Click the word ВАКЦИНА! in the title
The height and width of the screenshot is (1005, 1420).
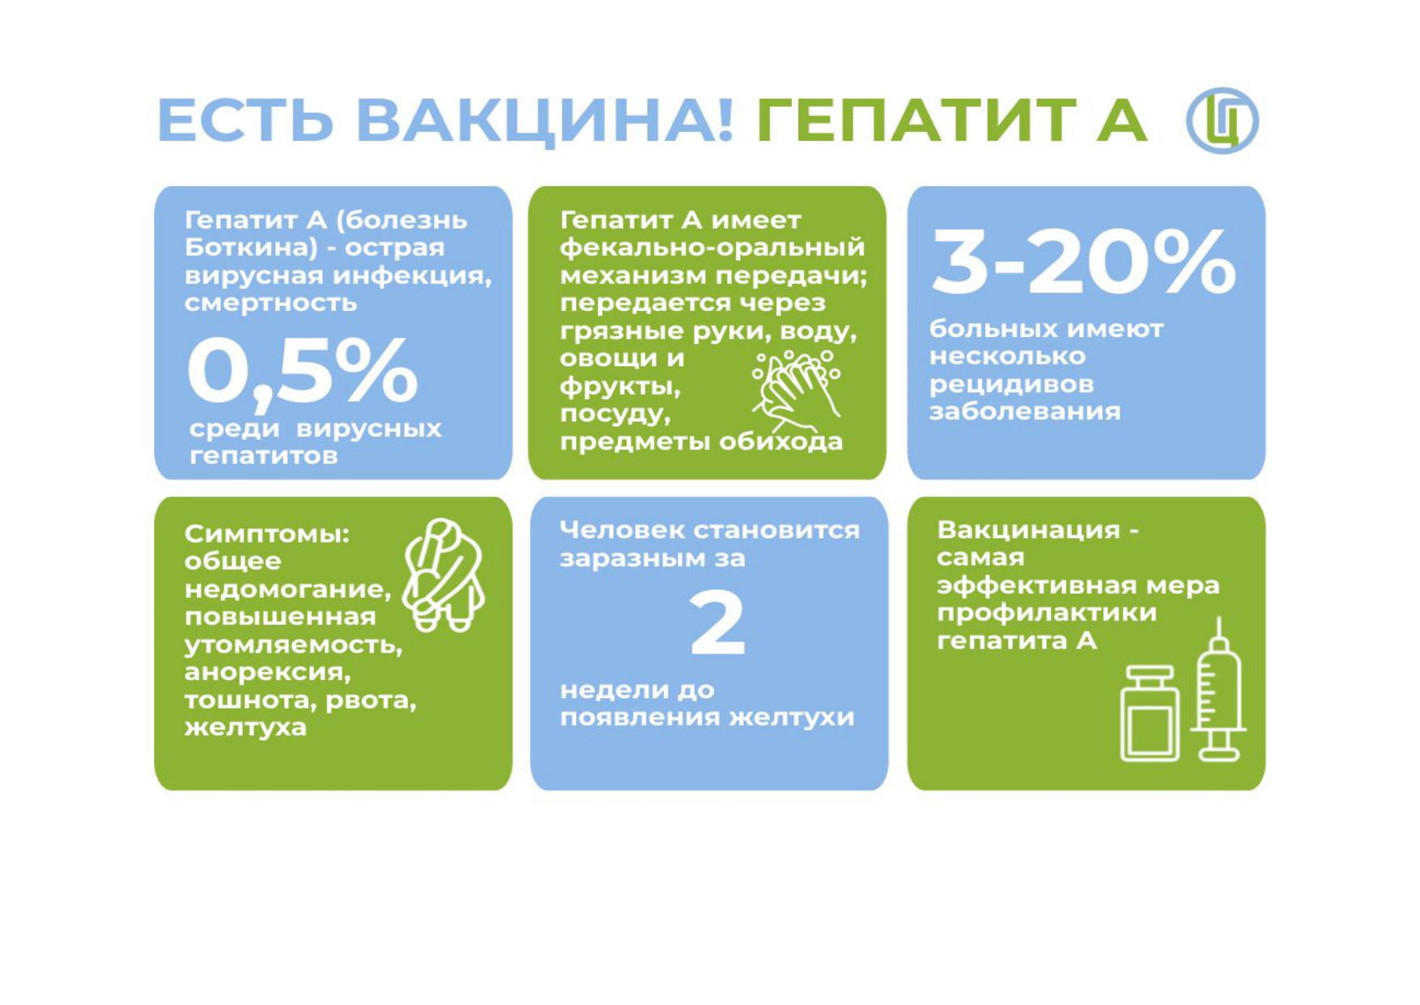pyautogui.click(x=545, y=121)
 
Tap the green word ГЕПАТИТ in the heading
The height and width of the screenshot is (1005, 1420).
pyautogui.click(x=916, y=120)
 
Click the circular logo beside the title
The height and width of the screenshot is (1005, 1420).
pyautogui.click(x=1222, y=121)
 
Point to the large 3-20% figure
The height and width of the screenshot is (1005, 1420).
pyautogui.click(x=1084, y=261)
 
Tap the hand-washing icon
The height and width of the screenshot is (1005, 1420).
pyautogui.click(x=796, y=391)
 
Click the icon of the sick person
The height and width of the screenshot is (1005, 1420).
pyautogui.click(x=443, y=575)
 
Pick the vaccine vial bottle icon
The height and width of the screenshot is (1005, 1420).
pyautogui.click(x=1150, y=713)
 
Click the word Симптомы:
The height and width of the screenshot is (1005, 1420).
pyautogui.click(x=267, y=534)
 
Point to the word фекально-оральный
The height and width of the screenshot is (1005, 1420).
pyautogui.click(x=712, y=248)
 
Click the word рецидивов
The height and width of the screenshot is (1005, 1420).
pyautogui.click(x=1011, y=384)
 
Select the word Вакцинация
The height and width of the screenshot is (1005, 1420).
pyautogui.click(x=1028, y=530)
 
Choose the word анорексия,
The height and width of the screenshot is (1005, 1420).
pyautogui.click(x=268, y=673)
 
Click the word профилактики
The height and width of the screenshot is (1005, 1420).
pyautogui.click(x=1047, y=613)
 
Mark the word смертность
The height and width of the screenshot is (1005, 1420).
pyautogui.click(x=270, y=303)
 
